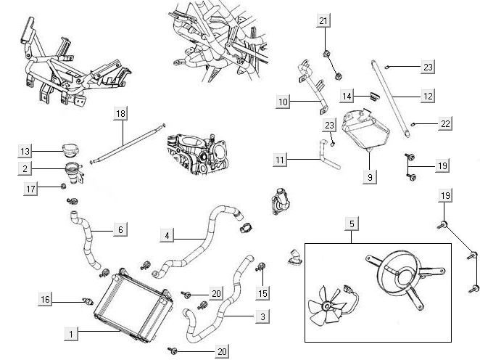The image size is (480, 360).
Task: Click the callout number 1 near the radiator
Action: pos(71,335)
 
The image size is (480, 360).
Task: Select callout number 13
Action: pos(25,151)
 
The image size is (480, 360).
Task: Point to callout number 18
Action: pos(120,113)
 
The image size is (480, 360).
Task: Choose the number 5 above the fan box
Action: pos(352,224)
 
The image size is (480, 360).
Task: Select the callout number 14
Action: pos(347,96)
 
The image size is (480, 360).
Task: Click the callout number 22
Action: pos(445,124)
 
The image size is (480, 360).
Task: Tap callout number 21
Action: pos(323,21)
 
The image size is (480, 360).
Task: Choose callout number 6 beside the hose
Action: pos(120,229)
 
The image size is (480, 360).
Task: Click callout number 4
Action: pos(167,235)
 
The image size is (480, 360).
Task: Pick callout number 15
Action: pos(262,292)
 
